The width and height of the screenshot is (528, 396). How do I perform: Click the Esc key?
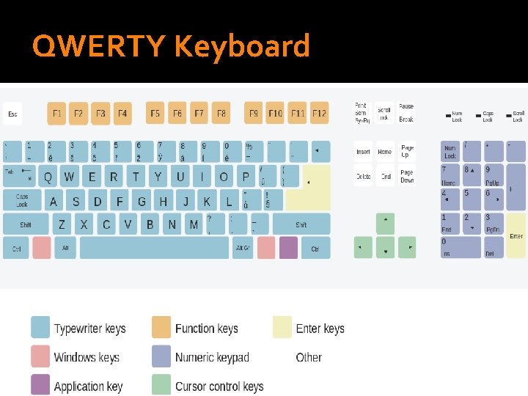pyautogui.click(x=12, y=114)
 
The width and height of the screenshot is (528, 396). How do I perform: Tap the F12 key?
pyautogui.click(x=319, y=114)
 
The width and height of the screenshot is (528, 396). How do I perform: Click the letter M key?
pyautogui.click(x=194, y=224)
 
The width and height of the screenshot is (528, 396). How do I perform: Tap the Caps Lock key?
pyautogui.click(x=22, y=199)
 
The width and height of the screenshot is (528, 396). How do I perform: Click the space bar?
pyautogui.click(x=154, y=248)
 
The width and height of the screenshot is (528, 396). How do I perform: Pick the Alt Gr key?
pyautogui.click(x=243, y=248)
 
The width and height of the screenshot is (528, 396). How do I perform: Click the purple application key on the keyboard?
pyautogui.click(x=288, y=248)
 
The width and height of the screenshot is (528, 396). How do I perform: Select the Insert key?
pyautogui.click(x=363, y=152)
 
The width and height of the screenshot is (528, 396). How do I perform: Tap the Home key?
pyautogui.click(x=385, y=152)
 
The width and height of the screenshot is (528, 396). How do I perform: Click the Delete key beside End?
pyautogui.click(x=363, y=176)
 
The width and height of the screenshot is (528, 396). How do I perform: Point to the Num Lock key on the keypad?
pyautogui.click(x=450, y=152)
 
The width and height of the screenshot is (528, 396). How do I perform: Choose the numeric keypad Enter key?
pyautogui.click(x=516, y=235)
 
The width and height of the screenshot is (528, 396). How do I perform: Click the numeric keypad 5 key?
pyautogui.click(x=471, y=199)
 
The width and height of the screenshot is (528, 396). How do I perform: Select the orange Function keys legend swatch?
pyautogui.click(x=161, y=327)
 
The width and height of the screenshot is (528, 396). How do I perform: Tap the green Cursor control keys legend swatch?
pyautogui.click(x=161, y=384)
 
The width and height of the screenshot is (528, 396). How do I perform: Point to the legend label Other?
pyautogui.click(x=309, y=357)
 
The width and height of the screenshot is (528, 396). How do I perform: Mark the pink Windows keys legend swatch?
pyautogui.click(x=40, y=356)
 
